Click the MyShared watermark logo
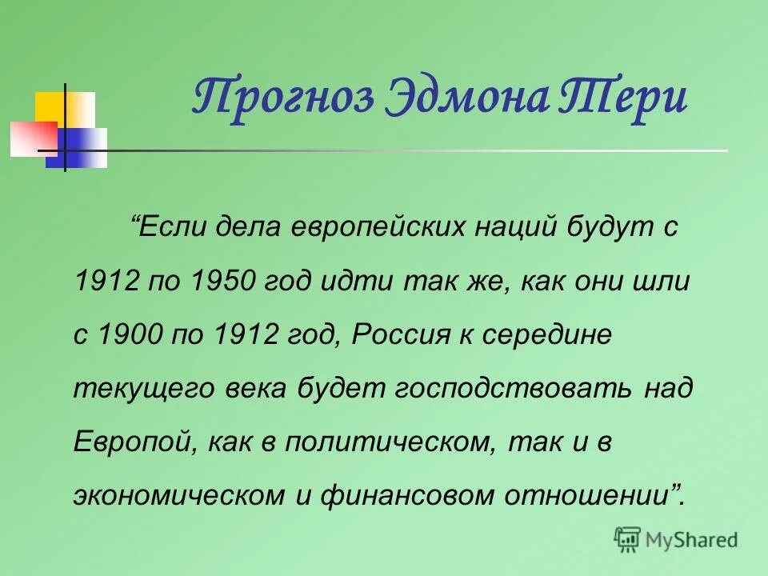click(x=676, y=540)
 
